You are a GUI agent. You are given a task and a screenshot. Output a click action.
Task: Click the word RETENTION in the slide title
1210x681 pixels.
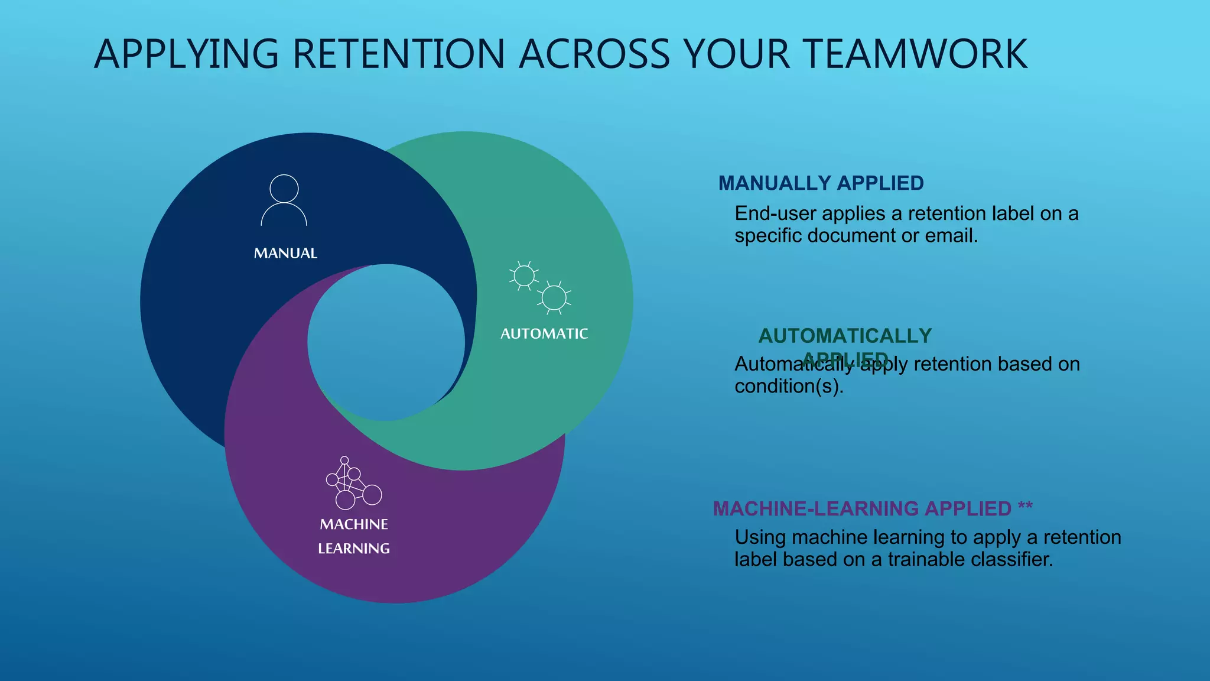tap(398, 54)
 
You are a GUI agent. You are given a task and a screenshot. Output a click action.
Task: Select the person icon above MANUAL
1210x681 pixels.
tap(284, 200)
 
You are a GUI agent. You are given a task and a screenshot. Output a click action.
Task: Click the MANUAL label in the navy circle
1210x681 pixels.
tap(285, 254)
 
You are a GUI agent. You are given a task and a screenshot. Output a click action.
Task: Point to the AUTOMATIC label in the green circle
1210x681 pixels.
tap(544, 334)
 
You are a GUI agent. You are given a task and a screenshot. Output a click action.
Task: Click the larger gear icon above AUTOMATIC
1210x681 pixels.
tap(554, 297)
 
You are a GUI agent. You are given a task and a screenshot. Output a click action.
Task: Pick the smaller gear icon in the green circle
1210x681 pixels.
tap(523, 275)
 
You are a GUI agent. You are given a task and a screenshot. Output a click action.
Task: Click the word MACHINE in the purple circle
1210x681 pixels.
tap(354, 524)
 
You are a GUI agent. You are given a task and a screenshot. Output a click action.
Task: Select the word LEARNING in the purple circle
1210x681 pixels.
tap(354, 549)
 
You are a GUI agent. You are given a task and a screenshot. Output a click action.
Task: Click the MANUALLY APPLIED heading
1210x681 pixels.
tap(821, 183)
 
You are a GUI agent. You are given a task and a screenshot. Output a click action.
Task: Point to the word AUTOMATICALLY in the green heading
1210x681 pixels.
tap(845, 336)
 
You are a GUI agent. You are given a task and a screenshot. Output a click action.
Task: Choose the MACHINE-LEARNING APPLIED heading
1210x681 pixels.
tap(862, 508)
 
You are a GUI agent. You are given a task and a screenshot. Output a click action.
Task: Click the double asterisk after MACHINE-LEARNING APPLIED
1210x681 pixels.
tap(1025, 507)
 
